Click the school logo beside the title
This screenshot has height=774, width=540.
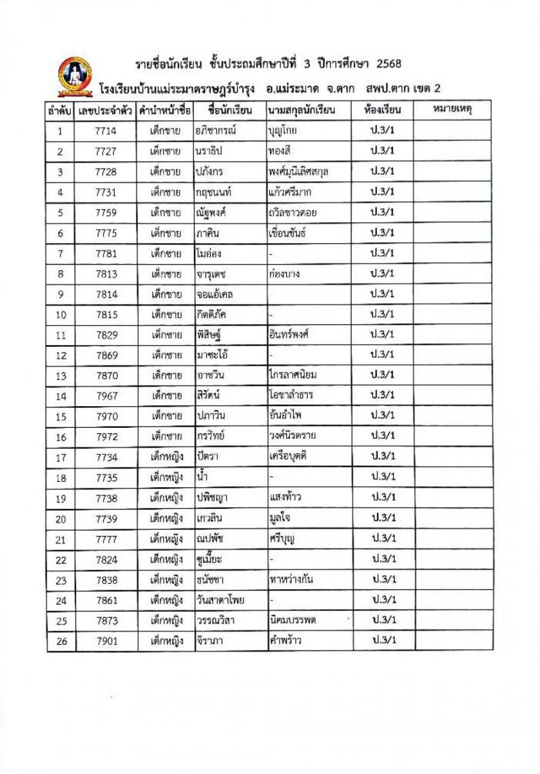tap(76, 77)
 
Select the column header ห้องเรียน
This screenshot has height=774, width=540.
tap(382, 111)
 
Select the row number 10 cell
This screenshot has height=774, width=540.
tap(61, 314)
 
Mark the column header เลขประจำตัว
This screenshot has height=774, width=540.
tap(106, 111)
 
